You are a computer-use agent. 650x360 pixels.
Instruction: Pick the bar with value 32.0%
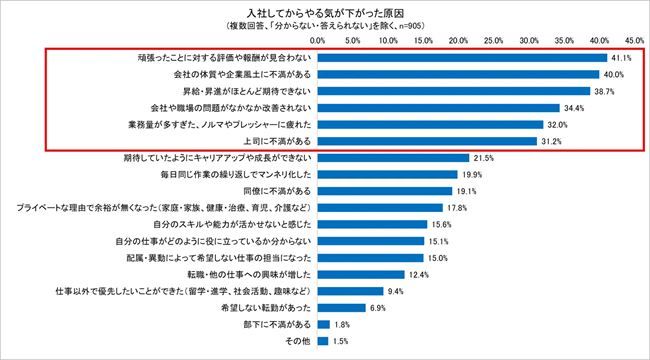tap(431, 125)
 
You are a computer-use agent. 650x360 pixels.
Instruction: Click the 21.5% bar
tap(393, 158)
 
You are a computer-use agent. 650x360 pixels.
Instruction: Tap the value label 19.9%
tap(472, 174)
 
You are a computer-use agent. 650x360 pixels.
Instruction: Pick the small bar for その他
tap(323, 341)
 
